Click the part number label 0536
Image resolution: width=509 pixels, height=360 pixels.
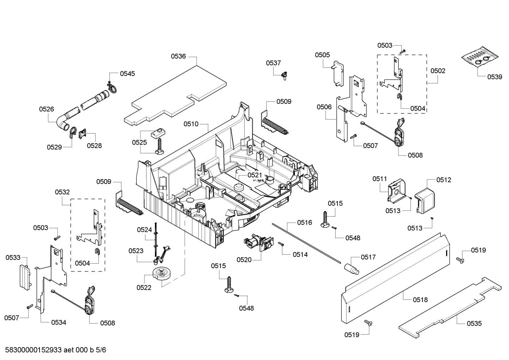click(x=178, y=56)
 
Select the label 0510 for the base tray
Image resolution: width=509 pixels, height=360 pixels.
click(x=191, y=124)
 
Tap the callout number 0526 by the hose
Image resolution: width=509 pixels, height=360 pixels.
click(x=46, y=109)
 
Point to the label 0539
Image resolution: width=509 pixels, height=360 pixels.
click(x=495, y=77)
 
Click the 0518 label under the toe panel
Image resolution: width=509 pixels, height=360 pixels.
click(x=420, y=300)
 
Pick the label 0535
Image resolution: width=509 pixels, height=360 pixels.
click(x=474, y=323)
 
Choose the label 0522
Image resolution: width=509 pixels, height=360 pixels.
click(x=144, y=288)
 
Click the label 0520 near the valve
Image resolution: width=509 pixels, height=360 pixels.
click(x=244, y=260)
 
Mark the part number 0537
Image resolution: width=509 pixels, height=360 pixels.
click(x=273, y=63)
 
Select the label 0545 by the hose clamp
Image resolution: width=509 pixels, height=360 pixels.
click(x=127, y=73)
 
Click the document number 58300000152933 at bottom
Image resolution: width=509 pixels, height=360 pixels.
click(x=34, y=350)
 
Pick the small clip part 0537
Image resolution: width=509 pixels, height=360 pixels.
click(x=283, y=76)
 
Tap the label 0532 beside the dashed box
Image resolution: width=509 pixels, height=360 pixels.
click(x=62, y=192)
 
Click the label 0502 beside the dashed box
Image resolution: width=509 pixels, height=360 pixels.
click(x=438, y=71)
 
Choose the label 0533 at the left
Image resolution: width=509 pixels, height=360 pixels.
click(x=13, y=258)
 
